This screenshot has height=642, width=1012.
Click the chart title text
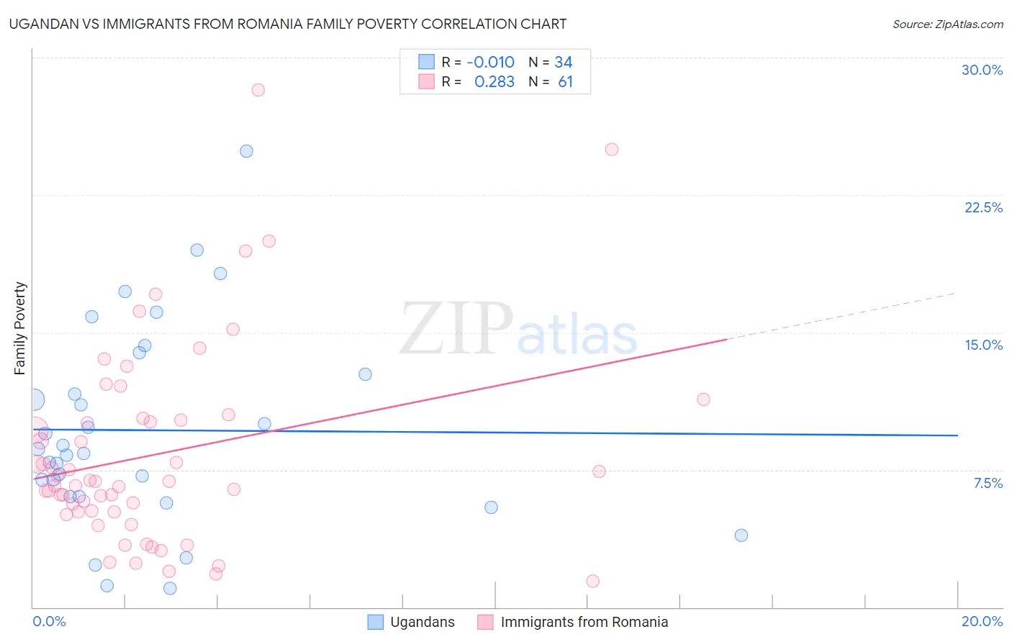pos(288,24)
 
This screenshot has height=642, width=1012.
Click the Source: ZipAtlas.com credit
pos(947,24)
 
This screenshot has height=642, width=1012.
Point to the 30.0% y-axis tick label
pos(982,70)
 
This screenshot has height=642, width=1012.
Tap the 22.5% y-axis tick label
pos(983,207)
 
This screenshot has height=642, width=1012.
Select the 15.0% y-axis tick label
pos(983,345)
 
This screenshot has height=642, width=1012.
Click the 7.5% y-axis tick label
pos(988,483)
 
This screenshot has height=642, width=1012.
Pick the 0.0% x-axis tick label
pos(49,621)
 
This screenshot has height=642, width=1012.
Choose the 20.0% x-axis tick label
pos(982,621)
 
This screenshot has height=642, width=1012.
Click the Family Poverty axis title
pos(20,328)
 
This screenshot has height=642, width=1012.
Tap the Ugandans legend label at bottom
pos(422,622)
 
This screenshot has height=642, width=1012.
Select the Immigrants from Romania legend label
pos(584,622)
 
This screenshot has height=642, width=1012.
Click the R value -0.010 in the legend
pos(490,63)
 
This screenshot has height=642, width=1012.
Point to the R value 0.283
pos(494,82)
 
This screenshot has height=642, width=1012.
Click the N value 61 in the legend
pos(565,82)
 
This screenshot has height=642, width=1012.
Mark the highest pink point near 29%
pos(258,90)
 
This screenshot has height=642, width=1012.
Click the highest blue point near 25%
pos(246,151)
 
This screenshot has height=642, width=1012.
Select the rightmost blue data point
pos(741,535)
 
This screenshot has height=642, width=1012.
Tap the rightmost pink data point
pos(703,399)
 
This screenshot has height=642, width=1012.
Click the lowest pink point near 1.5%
pos(592,581)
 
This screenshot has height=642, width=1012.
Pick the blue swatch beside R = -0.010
pos(426,62)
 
